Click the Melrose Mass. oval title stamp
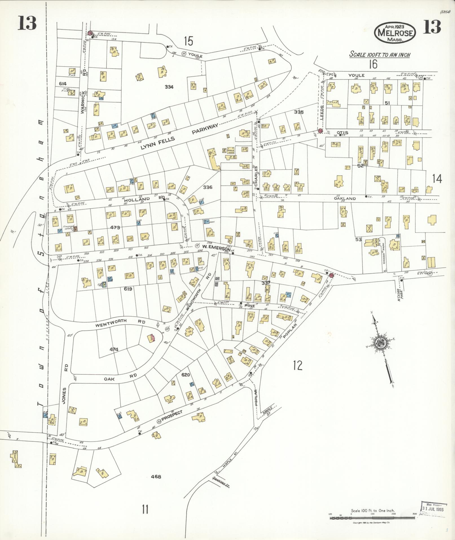[x=395, y=32]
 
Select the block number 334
[x=169, y=87]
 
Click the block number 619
[x=127, y=289]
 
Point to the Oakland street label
[x=345, y=199]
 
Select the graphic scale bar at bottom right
[x=372, y=518]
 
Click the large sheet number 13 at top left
[x=27, y=23]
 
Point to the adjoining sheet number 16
[x=373, y=64]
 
